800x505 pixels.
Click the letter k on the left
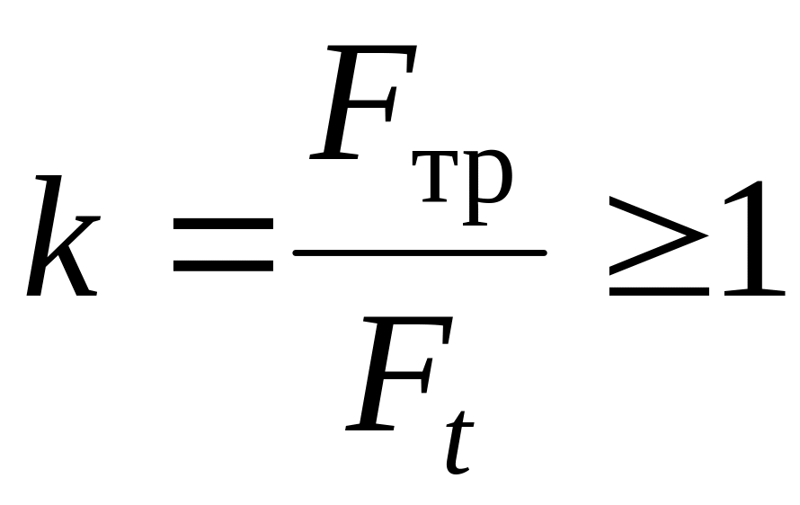coord(61,238)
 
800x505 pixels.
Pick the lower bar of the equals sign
coord(223,266)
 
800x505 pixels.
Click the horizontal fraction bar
coord(419,252)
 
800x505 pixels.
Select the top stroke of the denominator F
coord(409,326)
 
